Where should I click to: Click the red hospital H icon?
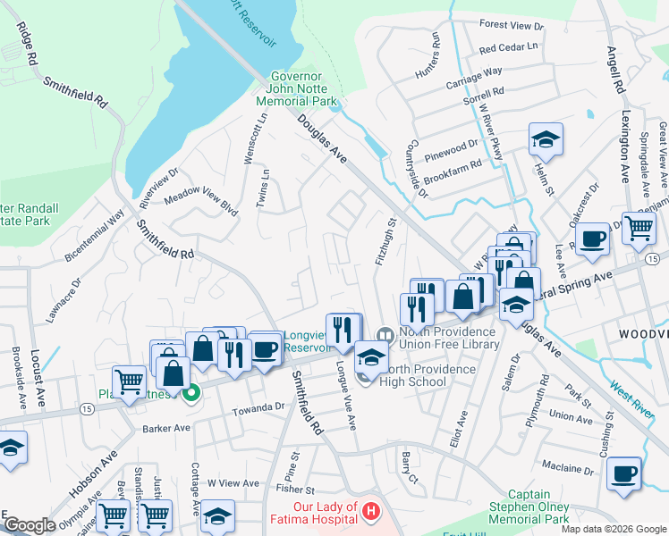coord(371,512)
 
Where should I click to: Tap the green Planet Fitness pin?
coord(190,392)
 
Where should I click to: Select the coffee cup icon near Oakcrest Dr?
coord(592,239)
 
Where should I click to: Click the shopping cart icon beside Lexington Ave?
coord(639,228)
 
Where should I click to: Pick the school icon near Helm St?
coord(545,139)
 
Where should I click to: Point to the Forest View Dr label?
coord(512,26)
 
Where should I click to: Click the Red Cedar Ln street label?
coord(509,46)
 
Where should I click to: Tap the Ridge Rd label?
coord(27,43)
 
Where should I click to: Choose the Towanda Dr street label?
coord(258,406)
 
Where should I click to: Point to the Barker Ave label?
coord(166,429)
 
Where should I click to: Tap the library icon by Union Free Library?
coord(385,335)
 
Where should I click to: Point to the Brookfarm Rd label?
coord(453,164)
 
